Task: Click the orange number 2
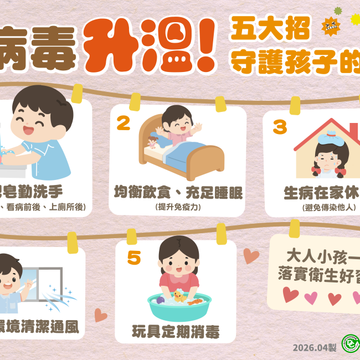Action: point(123,123)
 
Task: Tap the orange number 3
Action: point(280,127)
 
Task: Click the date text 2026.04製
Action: point(315,347)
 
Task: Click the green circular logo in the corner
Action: point(351,344)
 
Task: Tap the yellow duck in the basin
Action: point(178,296)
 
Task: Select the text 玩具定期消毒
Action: point(176,332)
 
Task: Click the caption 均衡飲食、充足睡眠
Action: point(178,192)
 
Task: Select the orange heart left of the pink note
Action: point(251,255)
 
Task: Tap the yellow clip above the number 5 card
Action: point(131,236)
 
